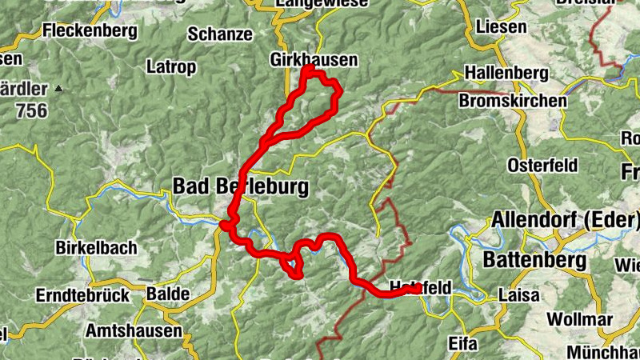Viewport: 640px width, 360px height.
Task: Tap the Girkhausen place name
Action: (x=314, y=60)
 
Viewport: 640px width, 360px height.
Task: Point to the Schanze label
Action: (x=220, y=34)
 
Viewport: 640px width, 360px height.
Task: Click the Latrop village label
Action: (x=170, y=67)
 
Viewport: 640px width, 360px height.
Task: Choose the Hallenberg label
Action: (x=506, y=74)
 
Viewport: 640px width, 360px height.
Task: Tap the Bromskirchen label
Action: (x=513, y=101)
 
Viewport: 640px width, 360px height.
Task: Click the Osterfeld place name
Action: (x=542, y=166)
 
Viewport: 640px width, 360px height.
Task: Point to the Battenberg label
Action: (x=534, y=260)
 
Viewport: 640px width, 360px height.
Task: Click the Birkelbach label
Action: (x=96, y=248)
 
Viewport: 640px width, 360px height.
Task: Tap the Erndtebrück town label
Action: (x=82, y=295)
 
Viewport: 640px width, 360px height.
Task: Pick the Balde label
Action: (x=168, y=294)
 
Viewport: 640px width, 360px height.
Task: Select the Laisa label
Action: (x=518, y=295)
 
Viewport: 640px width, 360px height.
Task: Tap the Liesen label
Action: (x=501, y=27)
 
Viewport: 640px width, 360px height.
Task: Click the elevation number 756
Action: (x=30, y=111)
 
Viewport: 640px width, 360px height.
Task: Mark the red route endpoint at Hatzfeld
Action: (x=416, y=289)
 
